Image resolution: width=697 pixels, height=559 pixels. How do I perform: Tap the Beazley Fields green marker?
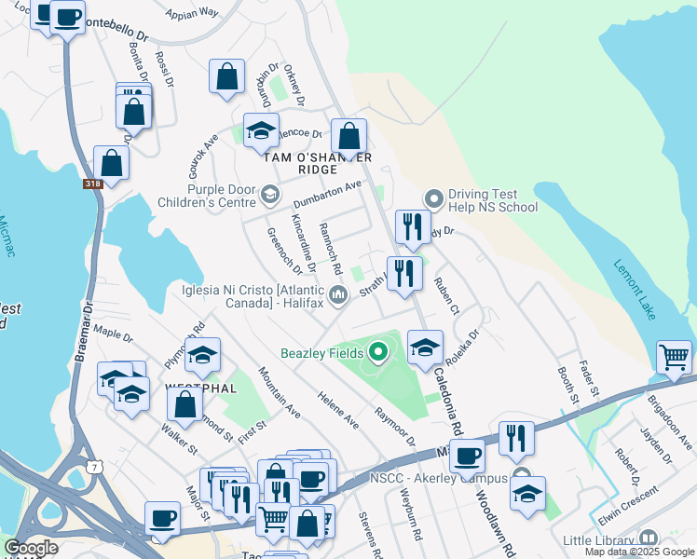point(378,352)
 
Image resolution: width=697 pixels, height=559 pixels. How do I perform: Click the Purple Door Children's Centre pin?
point(270,195)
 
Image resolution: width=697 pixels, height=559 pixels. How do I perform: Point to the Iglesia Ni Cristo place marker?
point(339,296)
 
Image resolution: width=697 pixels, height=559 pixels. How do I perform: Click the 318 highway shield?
point(92,184)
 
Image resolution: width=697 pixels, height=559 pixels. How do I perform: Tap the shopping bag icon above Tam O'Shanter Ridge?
point(348,137)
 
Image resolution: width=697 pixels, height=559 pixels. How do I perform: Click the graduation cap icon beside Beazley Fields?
point(425,347)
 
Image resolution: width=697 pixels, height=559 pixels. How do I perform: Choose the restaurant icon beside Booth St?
point(516,438)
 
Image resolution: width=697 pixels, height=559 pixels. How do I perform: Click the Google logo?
point(31,548)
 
